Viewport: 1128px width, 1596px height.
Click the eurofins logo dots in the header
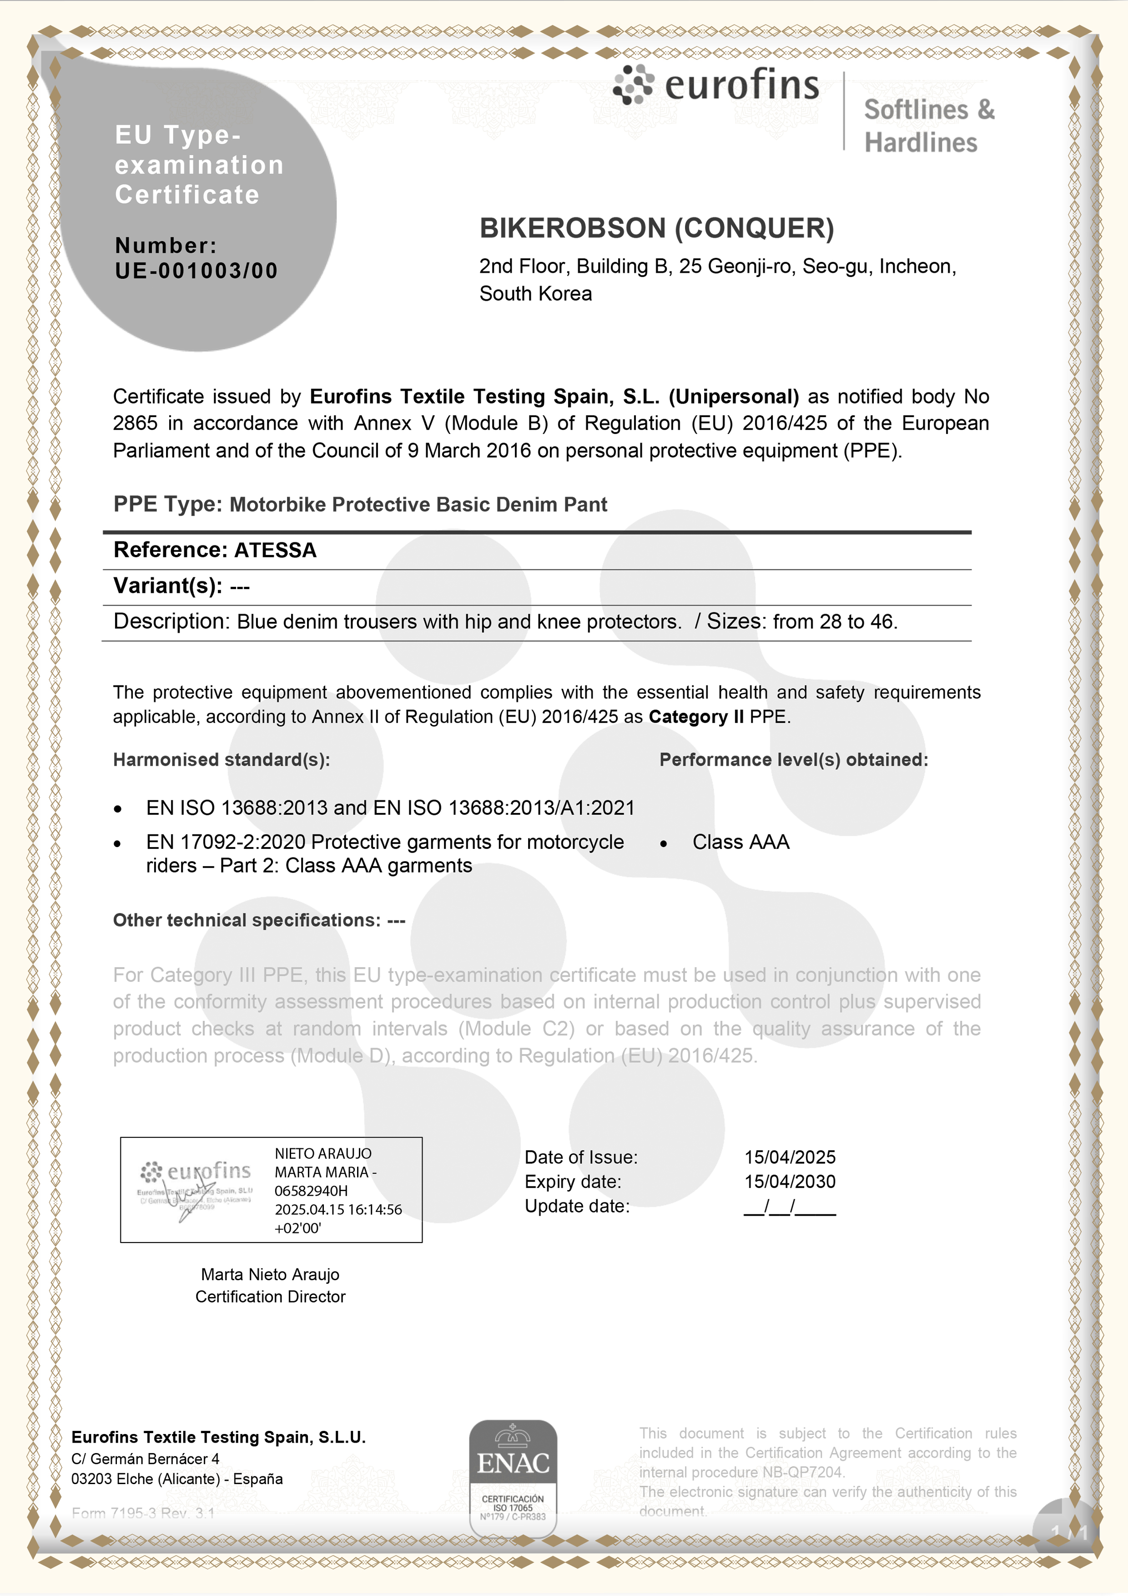click(x=633, y=85)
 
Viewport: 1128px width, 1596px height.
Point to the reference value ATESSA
click(x=275, y=551)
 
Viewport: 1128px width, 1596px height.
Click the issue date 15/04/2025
click(x=790, y=1157)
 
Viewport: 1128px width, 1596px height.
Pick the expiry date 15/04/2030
click(x=790, y=1182)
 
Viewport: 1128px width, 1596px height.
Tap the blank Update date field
click(x=790, y=1207)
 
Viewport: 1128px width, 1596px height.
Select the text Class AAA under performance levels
click(x=741, y=843)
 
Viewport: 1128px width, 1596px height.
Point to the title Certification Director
click(x=270, y=1297)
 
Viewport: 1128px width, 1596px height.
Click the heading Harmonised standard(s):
click(x=221, y=760)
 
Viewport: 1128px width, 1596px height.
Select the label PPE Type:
click(x=167, y=504)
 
